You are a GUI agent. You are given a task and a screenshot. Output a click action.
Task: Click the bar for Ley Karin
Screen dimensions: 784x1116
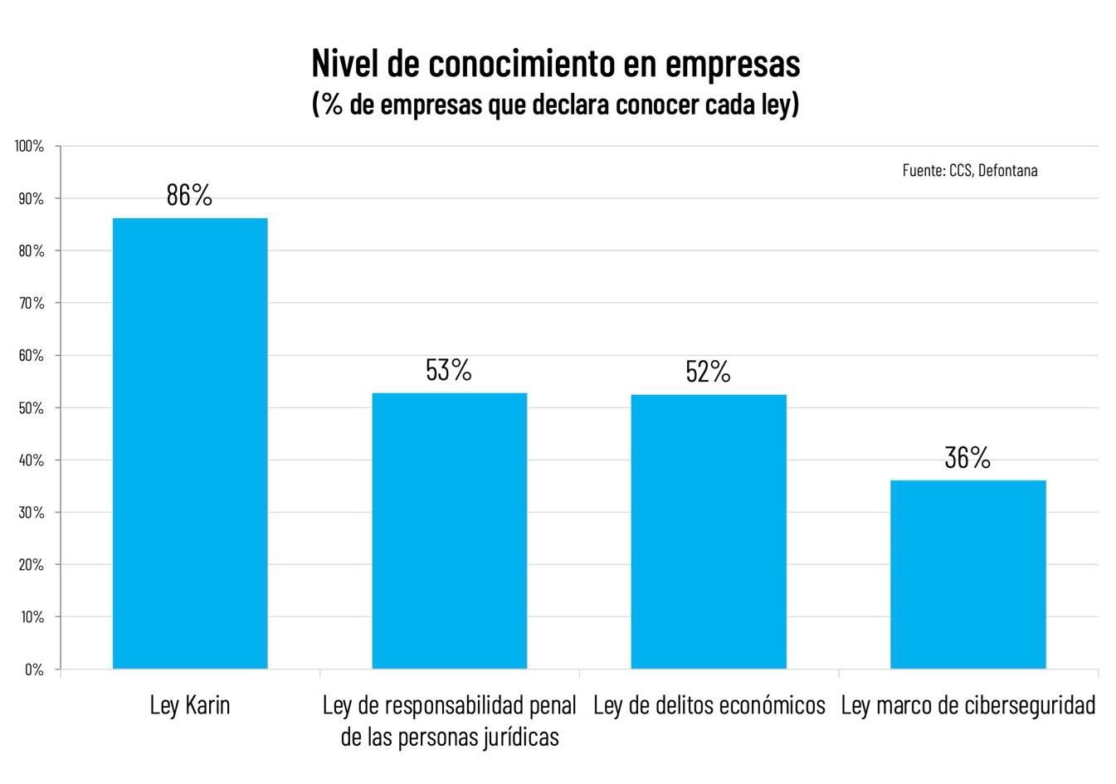tap(190, 443)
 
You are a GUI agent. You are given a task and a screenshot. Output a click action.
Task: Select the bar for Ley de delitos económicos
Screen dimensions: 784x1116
tap(709, 531)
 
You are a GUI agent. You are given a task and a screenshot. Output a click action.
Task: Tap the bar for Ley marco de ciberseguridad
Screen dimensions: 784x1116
tap(967, 574)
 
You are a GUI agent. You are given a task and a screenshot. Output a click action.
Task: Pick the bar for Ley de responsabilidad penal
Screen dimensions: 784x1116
tap(449, 530)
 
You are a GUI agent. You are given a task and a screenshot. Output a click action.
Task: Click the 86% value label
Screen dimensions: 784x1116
tap(189, 195)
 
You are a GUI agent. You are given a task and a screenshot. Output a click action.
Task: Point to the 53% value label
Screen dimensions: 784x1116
tap(449, 370)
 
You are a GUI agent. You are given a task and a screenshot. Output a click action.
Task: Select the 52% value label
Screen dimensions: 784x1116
tap(709, 373)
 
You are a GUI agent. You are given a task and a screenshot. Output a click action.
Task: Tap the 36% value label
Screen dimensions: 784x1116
tap(967, 458)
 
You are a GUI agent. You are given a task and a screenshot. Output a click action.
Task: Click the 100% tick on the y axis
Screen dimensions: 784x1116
tap(29, 147)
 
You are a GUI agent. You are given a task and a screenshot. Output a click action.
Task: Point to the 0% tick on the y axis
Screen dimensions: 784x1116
tap(34, 670)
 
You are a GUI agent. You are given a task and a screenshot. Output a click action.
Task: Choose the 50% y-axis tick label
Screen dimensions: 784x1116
tap(32, 408)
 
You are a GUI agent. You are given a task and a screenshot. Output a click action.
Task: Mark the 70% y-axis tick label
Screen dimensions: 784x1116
tap(32, 304)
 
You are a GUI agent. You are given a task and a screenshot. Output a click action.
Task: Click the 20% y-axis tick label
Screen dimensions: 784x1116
tap(32, 565)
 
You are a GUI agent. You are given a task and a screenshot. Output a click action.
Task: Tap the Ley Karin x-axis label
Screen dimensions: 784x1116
tap(190, 705)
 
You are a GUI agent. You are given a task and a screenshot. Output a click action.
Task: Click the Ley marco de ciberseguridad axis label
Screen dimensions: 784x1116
tap(967, 705)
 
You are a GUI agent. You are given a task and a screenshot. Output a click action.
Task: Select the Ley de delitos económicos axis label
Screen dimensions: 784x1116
tap(709, 705)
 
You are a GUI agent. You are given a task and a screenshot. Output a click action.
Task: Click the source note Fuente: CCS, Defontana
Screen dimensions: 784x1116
tap(970, 170)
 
